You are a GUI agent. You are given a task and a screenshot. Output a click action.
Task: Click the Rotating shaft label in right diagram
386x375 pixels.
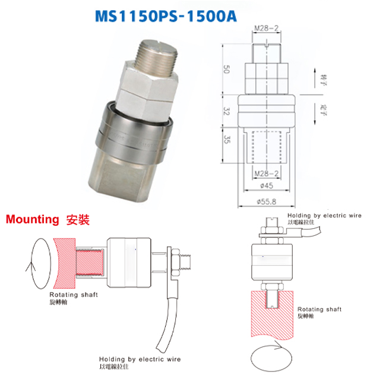pyautogui.click(x=319, y=310)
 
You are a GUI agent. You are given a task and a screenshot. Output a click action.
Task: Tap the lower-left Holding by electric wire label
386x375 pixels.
pyautogui.click(x=140, y=360)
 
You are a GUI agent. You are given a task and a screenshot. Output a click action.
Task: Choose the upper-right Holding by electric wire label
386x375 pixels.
pyautogui.click(x=324, y=215)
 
